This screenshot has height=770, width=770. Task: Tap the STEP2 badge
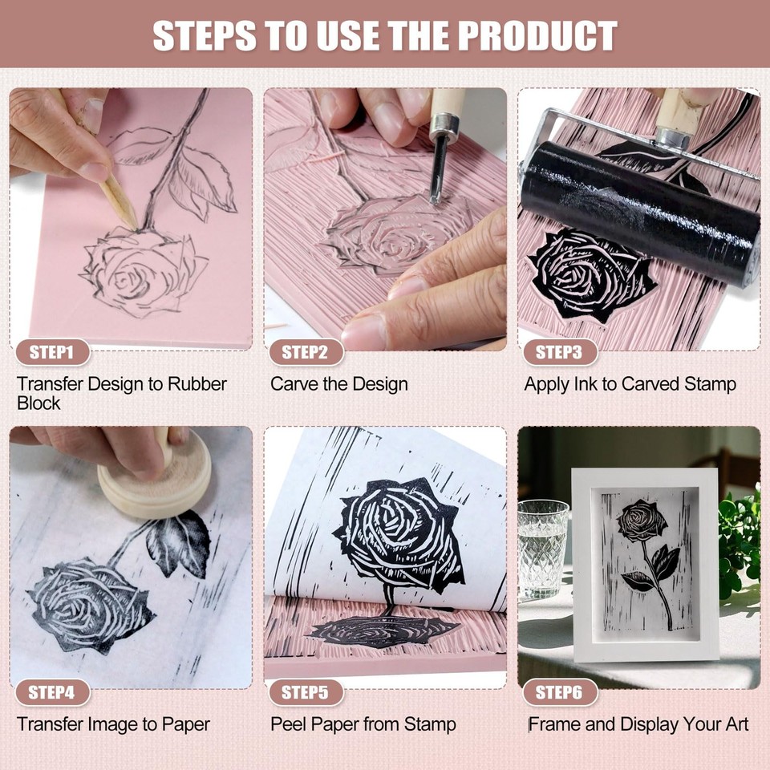(x=305, y=352)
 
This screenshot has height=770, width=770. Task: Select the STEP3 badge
(x=559, y=352)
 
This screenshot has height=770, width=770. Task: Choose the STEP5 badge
(x=305, y=692)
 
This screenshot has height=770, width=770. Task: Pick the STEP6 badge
(x=559, y=692)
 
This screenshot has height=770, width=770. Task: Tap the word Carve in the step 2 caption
(x=294, y=384)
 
